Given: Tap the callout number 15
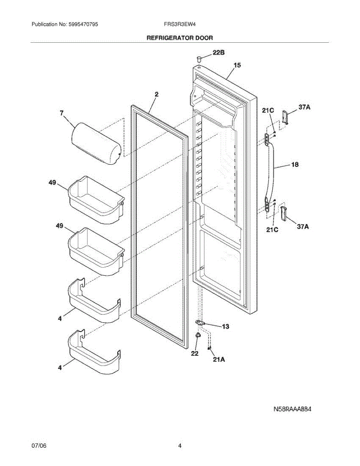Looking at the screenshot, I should coord(237,65).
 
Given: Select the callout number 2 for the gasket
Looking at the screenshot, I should coord(156,94).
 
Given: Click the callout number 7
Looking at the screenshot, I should coord(61,113).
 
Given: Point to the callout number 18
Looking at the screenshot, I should coord(295,165).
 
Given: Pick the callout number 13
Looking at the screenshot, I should coord(225,327).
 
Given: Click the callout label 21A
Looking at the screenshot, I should coord(219,360).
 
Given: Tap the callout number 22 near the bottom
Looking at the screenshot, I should coord(195,353).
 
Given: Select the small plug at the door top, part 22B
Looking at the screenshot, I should coord(199,59).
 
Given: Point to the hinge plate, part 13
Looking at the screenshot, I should coord(200,323).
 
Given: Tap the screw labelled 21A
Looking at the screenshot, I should coord(210,348).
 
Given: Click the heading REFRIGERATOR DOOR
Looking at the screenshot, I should coord(179,38).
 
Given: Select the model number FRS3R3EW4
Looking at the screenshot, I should coord(179,24).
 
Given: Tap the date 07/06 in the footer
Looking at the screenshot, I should coord(39,446).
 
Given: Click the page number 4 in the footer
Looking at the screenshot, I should coord(180,446).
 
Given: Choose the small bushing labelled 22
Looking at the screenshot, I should coord(198,335).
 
